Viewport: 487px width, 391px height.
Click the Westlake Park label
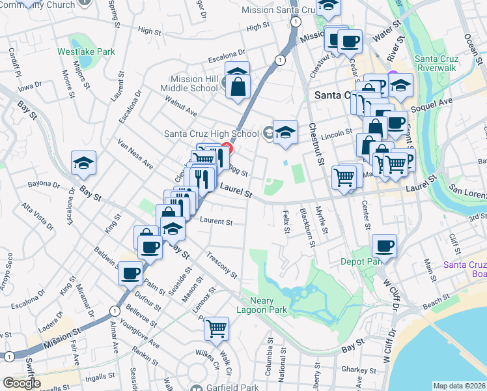click(86, 51)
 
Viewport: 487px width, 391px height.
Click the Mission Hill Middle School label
click(194, 83)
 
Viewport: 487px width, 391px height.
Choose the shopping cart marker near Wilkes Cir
click(216, 328)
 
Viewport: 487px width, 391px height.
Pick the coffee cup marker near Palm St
click(131, 272)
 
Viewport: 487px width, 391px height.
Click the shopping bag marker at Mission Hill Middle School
click(239, 86)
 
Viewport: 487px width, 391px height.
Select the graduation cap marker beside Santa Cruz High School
click(285, 132)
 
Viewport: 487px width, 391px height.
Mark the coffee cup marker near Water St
click(350, 42)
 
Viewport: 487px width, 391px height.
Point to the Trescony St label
click(221, 263)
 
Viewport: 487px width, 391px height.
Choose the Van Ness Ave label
click(135, 154)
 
